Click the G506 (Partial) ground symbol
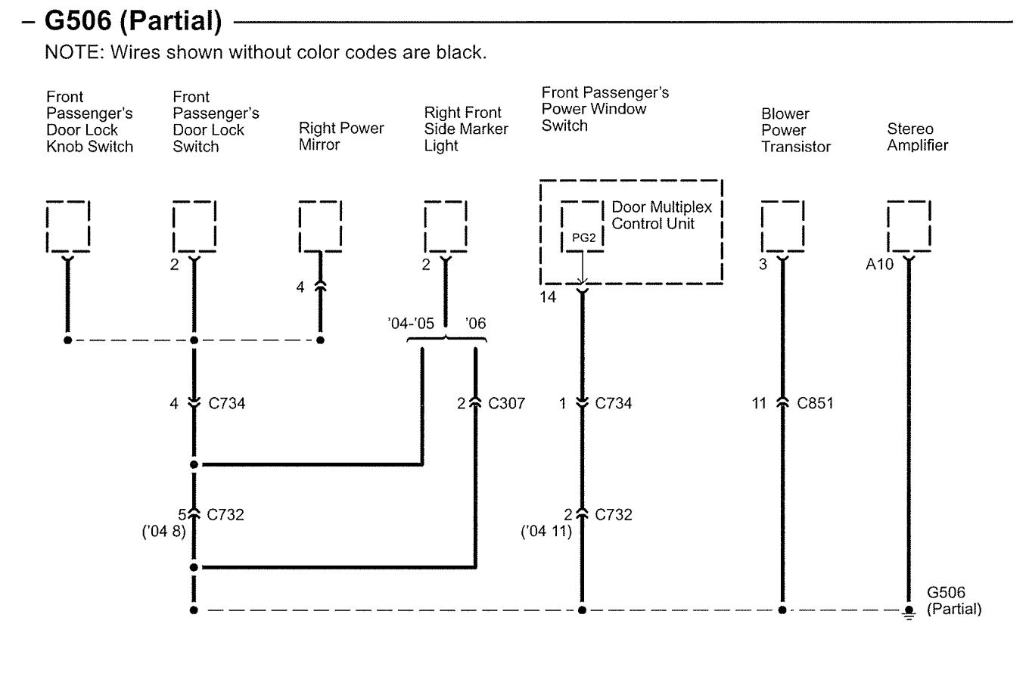click(909, 613)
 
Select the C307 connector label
click(506, 404)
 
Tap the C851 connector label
click(815, 404)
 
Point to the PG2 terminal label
click(583, 237)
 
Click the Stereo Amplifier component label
click(917, 137)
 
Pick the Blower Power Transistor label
click(796, 130)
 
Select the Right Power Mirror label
click(341, 136)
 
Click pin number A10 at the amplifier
click(879, 265)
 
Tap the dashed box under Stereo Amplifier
click(909, 226)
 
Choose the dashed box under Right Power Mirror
click(320, 226)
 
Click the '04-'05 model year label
click(411, 324)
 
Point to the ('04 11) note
click(546, 532)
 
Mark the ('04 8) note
click(164, 532)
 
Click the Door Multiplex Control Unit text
click(661, 216)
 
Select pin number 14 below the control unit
click(548, 297)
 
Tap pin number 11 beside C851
click(759, 404)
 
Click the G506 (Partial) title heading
click(133, 21)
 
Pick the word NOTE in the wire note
click(72, 52)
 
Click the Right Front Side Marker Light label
click(466, 129)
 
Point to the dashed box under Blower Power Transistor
click(783, 226)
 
